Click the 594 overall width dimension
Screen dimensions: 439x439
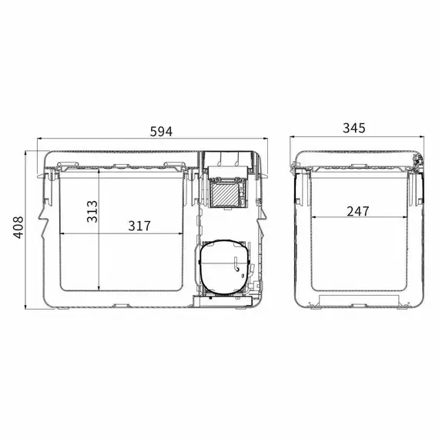pos(161,132)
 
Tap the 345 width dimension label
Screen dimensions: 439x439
pos(354,128)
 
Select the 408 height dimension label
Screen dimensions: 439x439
pos(18,227)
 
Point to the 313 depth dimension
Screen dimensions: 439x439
pos(92,212)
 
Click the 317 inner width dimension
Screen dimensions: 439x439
pos(139,226)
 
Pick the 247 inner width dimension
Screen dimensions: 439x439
pos(358,211)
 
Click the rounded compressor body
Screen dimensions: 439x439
pos(224,266)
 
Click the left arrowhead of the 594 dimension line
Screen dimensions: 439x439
pos(39,138)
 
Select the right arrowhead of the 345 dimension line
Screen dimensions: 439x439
pos(422,137)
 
